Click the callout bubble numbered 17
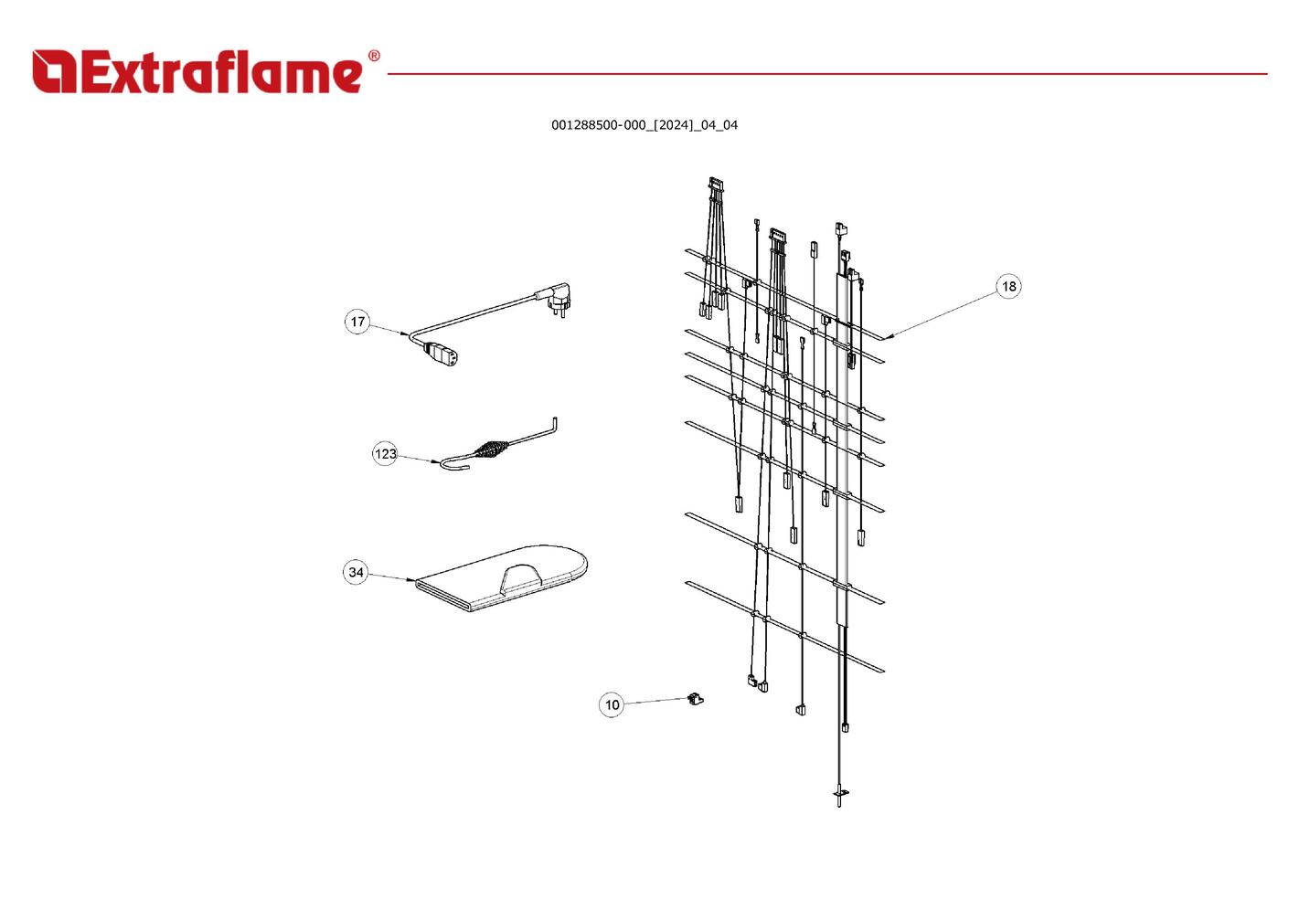357,322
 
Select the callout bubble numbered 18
1008,286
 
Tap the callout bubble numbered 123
385,454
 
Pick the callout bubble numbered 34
356,572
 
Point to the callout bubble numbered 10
612,704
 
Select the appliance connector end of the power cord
443,354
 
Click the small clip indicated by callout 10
696,699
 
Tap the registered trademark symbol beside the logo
374,56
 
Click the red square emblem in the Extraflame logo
54,71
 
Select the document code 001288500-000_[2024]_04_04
644,125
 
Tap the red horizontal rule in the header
827,74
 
